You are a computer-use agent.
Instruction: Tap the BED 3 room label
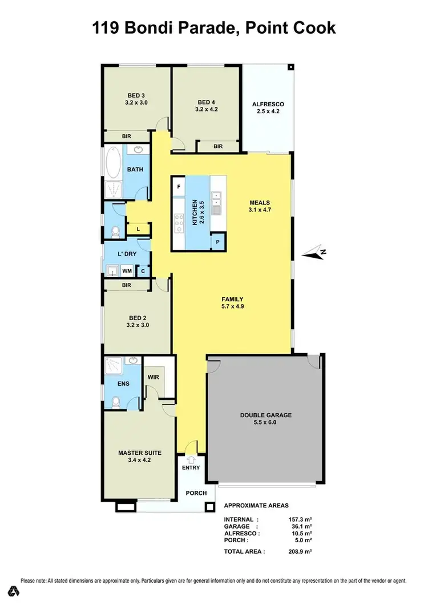[x=136, y=95]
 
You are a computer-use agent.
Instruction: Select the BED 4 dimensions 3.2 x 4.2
[x=206, y=109]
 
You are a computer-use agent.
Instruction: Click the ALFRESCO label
[x=268, y=104]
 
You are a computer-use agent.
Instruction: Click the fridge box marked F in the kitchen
[x=179, y=187]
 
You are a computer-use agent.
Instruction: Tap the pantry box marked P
[x=218, y=242]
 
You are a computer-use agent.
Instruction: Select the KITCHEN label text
[x=195, y=212]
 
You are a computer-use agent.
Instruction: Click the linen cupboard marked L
[x=138, y=230]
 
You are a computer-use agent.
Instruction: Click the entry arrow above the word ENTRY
[x=191, y=459]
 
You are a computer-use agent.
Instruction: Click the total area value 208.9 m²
[x=300, y=551]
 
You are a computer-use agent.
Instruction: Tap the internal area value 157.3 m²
[x=300, y=519]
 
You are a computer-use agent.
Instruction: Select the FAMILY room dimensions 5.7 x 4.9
[x=233, y=306]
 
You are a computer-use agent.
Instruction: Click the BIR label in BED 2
[x=127, y=284]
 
